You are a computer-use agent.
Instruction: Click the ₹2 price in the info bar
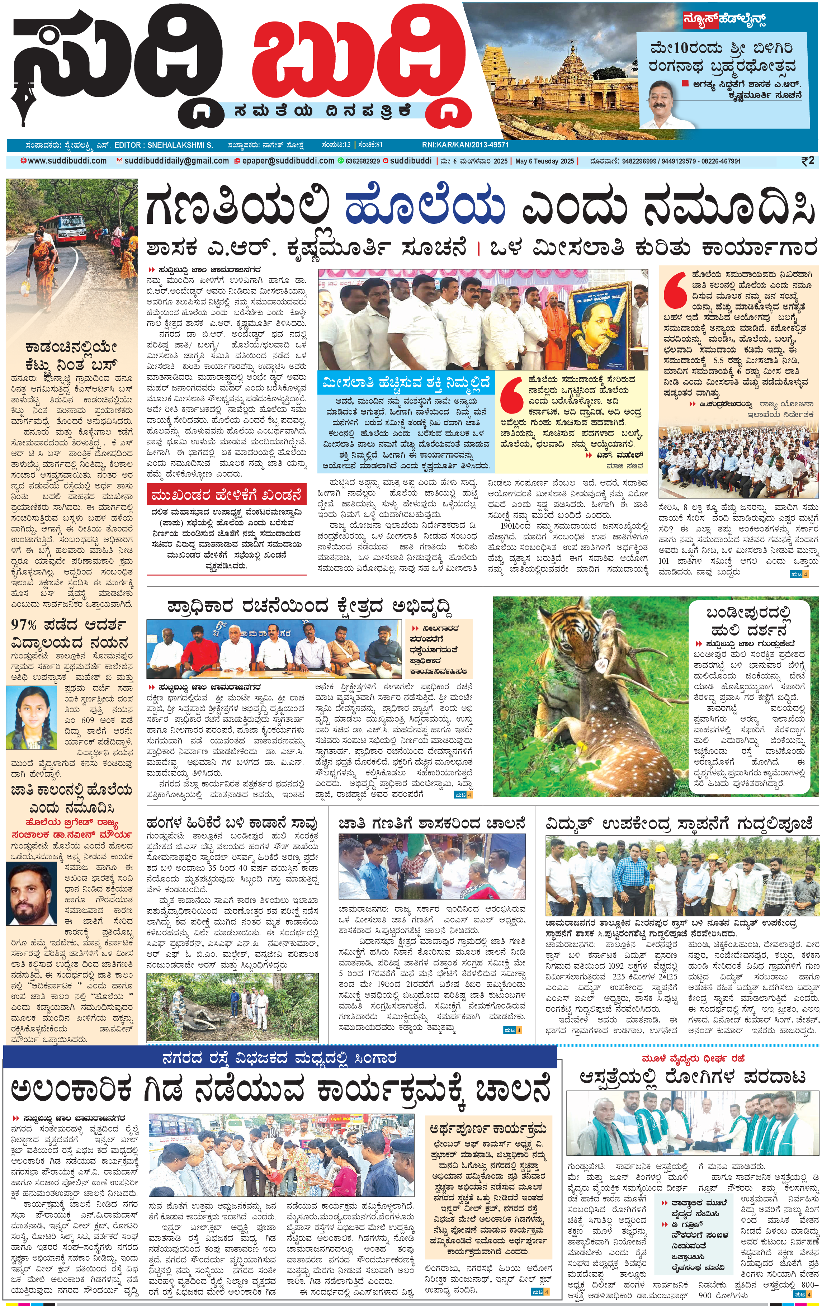807,161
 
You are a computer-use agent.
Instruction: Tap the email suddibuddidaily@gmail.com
176,161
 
